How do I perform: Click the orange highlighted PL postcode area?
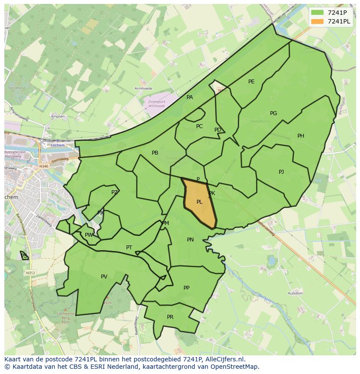(200, 204)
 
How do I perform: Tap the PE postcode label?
(251, 82)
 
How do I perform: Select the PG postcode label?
(273, 113)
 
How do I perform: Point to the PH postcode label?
(301, 136)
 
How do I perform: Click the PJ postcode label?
(281, 172)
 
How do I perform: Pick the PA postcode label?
(190, 97)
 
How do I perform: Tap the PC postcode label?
(199, 126)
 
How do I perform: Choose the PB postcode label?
(155, 153)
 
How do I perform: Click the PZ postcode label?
(114, 192)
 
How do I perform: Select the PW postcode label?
(89, 235)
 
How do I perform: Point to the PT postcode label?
(129, 248)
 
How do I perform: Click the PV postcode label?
(104, 277)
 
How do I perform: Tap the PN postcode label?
(190, 240)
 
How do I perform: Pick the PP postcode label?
(187, 288)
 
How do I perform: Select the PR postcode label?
(170, 317)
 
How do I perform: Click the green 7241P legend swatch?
(317, 13)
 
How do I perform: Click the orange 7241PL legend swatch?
(317, 21)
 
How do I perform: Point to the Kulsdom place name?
(295, 293)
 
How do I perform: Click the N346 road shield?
(43, 166)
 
